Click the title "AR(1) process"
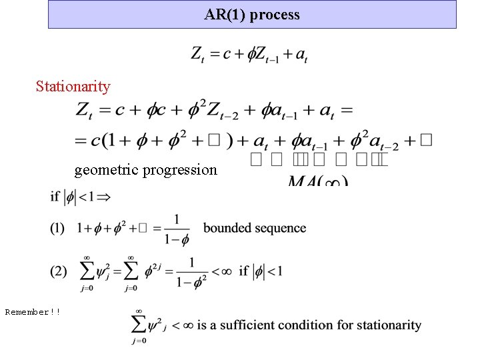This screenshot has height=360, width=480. coord(252,14)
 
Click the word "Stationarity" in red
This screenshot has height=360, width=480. coord(73,86)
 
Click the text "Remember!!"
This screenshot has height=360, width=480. coord(33,311)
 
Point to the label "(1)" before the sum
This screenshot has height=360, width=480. coord(58,228)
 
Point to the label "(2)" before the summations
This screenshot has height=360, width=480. coord(59,271)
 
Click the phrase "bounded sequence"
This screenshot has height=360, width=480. coord(255,228)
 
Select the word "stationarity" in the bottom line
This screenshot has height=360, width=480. coord(386,325)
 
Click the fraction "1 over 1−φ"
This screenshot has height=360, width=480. coord(176,229)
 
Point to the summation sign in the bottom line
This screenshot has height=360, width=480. coord(139,325)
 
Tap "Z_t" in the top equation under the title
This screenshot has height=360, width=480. coord(198,55)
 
